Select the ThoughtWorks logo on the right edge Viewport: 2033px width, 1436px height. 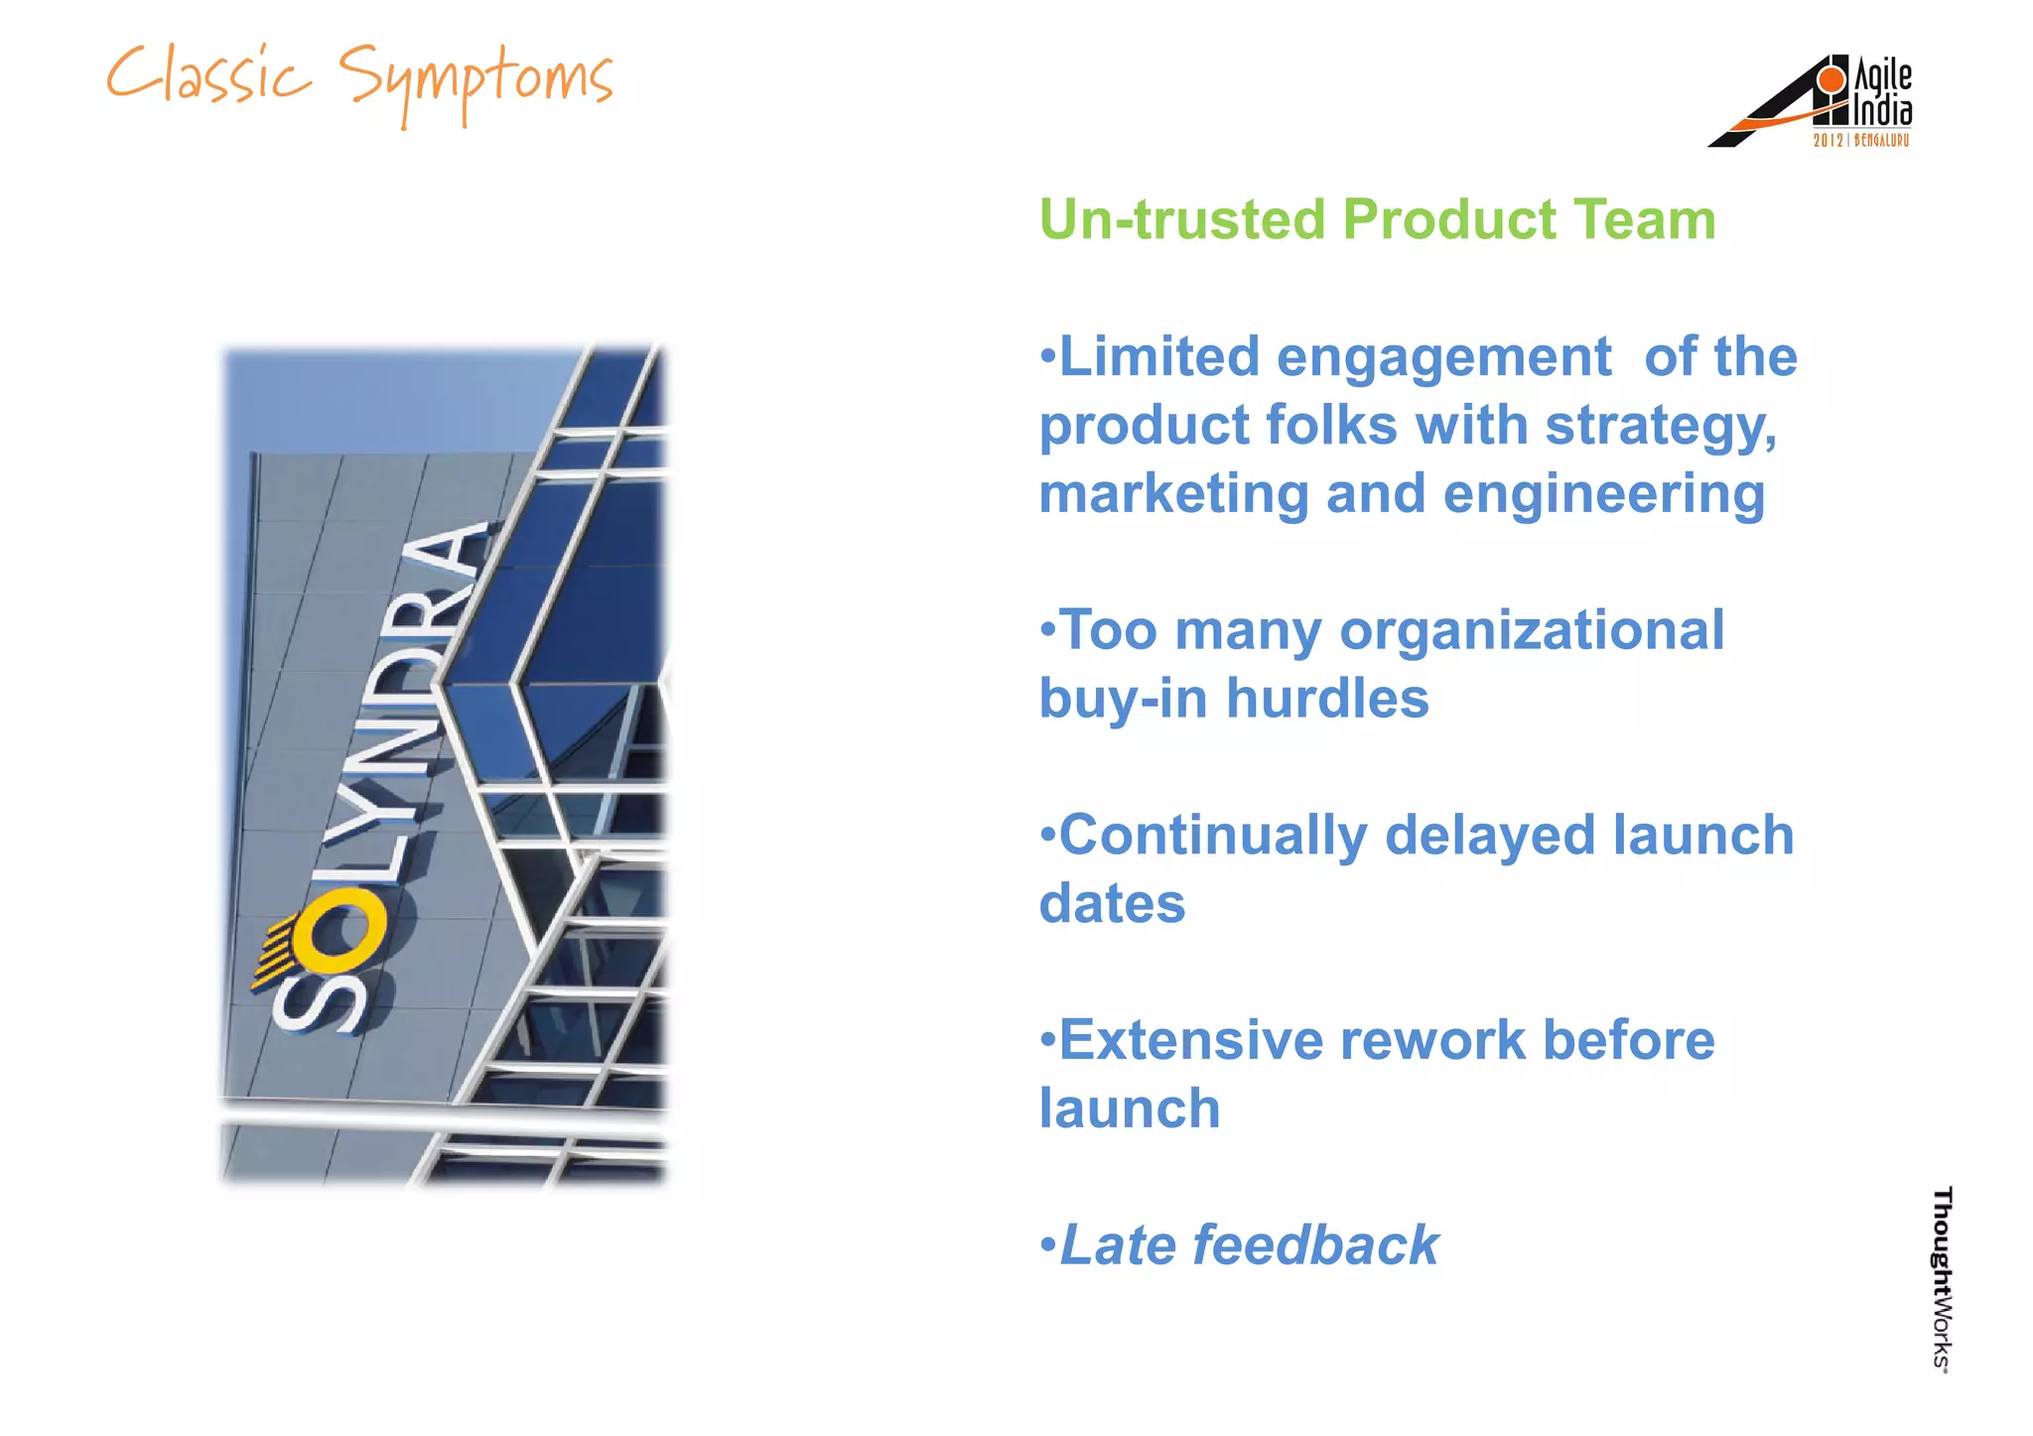pos(1941,1279)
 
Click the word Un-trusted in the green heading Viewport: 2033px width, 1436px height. pos(1181,219)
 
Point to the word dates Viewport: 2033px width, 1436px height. pos(1112,904)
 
